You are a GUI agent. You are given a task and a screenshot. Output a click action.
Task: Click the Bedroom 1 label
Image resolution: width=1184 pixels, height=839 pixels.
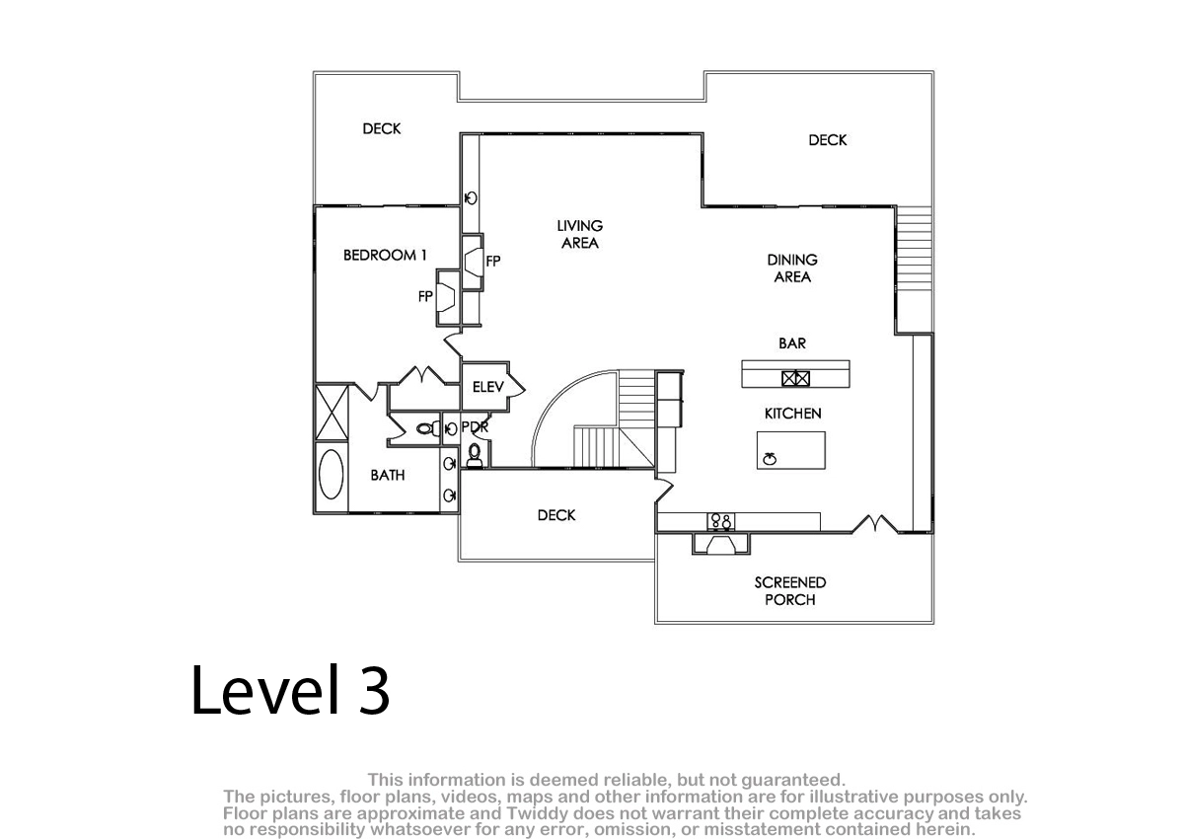click(x=385, y=256)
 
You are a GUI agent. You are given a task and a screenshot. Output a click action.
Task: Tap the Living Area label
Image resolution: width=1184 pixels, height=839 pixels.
click(x=580, y=234)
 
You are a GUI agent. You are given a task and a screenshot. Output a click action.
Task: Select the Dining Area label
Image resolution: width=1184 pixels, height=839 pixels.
click(x=792, y=268)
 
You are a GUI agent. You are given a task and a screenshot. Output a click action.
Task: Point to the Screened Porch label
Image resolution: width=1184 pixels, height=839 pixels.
click(x=789, y=591)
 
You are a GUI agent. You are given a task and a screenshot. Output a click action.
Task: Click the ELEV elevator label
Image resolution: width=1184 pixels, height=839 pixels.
click(x=487, y=387)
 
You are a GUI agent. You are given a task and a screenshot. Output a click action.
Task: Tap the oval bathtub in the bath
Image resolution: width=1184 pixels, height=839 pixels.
click(x=332, y=474)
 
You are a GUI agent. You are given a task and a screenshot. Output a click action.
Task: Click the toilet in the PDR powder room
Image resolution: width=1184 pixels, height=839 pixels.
click(x=475, y=455)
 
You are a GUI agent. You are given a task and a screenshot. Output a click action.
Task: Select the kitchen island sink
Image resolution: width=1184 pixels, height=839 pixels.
click(x=770, y=458)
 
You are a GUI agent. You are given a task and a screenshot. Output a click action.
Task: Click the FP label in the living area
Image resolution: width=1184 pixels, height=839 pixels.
click(x=493, y=261)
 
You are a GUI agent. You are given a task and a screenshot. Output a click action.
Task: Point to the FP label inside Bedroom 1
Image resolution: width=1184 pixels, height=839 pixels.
click(x=425, y=296)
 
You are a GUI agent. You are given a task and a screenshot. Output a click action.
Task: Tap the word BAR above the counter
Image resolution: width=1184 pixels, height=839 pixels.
click(x=791, y=343)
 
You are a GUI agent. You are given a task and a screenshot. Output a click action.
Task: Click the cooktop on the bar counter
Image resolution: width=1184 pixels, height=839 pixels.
click(x=795, y=378)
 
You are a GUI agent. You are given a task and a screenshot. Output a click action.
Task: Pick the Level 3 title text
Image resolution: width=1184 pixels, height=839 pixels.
click(x=291, y=690)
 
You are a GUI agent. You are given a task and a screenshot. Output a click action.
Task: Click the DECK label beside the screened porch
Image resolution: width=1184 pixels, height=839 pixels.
click(x=556, y=515)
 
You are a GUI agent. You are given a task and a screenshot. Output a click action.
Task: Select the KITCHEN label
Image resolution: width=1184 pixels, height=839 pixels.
click(x=793, y=414)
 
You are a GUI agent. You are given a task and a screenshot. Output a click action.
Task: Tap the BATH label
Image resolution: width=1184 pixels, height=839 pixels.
click(x=388, y=476)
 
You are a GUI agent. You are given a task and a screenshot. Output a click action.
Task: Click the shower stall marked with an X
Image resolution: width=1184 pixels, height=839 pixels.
click(x=332, y=413)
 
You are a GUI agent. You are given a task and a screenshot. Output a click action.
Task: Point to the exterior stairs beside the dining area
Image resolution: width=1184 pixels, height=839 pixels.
click(x=914, y=248)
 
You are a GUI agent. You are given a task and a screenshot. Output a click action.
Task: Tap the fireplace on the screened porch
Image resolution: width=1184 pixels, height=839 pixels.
click(x=721, y=545)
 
